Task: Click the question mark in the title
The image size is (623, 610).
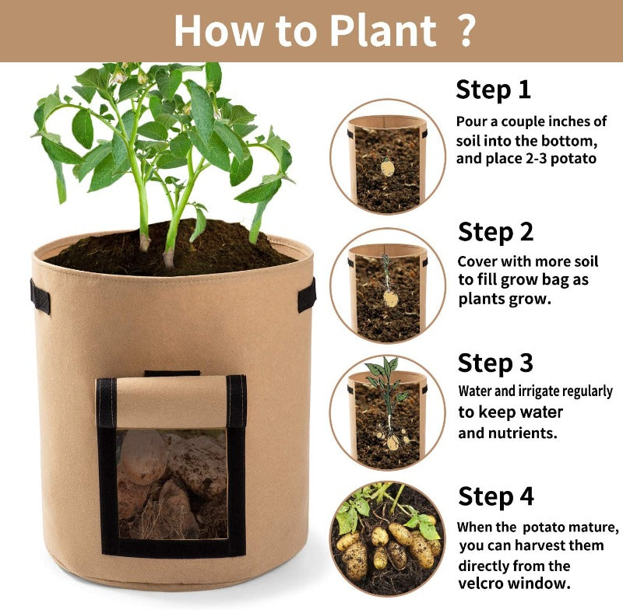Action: pos(463,30)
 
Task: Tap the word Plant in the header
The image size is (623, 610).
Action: pos(383,31)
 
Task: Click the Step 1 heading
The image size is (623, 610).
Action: pos(493,90)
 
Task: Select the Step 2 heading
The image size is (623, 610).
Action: pos(495,232)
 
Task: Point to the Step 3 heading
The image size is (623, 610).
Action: pos(495,363)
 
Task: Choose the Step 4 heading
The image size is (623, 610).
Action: pos(496,496)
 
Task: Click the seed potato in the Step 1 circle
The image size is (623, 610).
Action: pos(387,167)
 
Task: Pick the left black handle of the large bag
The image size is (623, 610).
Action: pos(40,296)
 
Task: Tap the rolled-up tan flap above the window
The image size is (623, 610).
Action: pos(171,401)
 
